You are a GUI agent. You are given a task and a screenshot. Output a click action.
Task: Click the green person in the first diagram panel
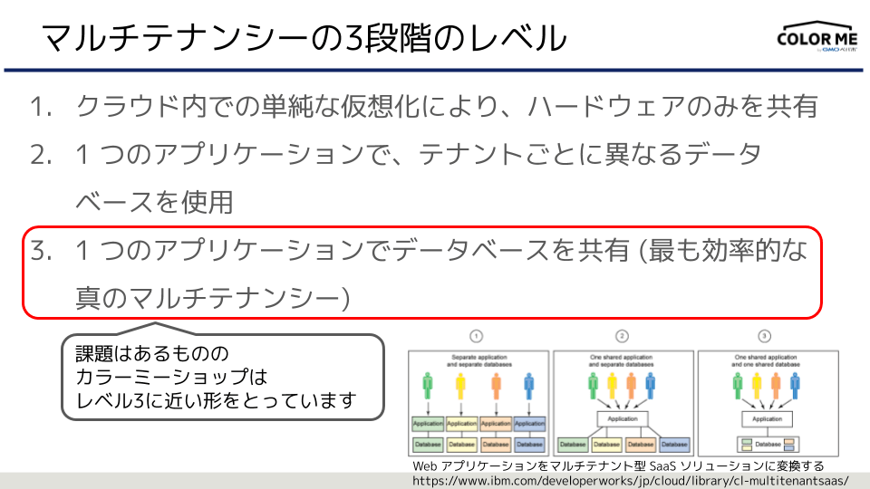pyautogui.click(x=428, y=388)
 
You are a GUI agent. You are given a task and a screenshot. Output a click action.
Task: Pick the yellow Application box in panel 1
pyautogui.click(x=461, y=423)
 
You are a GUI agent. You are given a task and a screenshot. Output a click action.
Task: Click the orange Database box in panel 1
pyautogui.click(x=496, y=445)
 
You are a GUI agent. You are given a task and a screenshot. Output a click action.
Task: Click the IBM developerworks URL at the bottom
pyautogui.click(x=630, y=480)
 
